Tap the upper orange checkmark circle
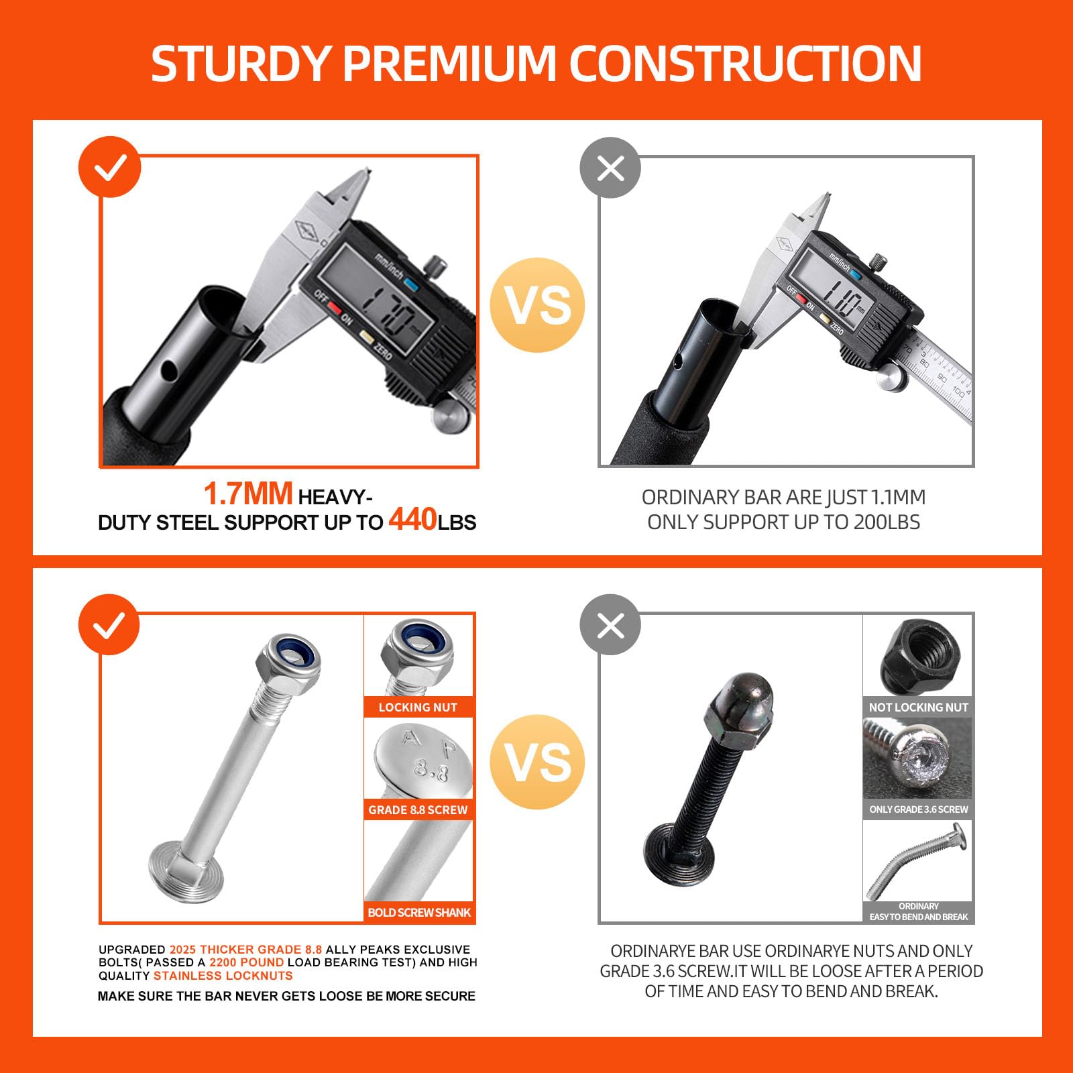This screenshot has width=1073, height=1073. coord(110,167)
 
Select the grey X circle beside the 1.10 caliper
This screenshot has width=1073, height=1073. coord(610,168)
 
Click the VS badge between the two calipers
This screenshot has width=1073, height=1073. coord(537,305)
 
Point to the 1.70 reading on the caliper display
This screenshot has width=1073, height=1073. coord(390,310)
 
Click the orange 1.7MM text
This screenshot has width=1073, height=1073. coord(248,494)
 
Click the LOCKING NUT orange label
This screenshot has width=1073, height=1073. coord(418,708)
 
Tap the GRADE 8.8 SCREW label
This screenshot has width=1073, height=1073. coord(418,810)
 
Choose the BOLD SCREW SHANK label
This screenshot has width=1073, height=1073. coord(419,913)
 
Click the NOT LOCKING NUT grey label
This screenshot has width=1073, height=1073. coord(918,708)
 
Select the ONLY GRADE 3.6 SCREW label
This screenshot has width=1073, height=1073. coord(918,809)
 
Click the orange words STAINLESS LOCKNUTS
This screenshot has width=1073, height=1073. coord(223,976)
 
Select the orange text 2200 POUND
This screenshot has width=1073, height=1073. coord(246,962)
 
